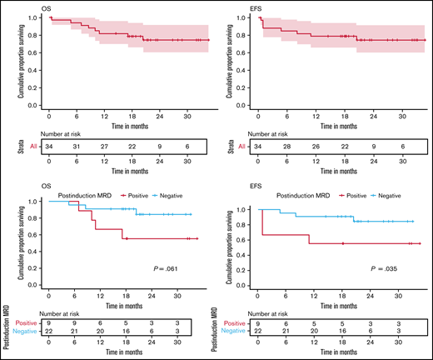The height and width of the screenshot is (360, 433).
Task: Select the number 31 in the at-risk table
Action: click(77, 146)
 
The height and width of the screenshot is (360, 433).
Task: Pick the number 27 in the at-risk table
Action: click(104, 146)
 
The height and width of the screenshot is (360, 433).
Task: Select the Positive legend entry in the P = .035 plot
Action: click(351, 194)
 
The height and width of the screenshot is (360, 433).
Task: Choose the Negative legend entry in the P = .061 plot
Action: click(182, 194)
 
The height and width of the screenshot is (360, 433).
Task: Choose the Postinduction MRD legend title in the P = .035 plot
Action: click(291, 194)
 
